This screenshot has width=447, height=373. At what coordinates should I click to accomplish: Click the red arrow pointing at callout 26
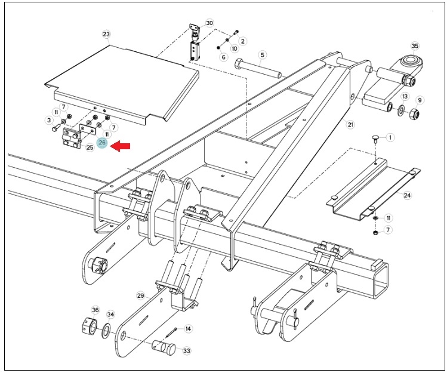[x=120, y=147]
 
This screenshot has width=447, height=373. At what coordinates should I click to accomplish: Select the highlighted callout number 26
[x=102, y=143]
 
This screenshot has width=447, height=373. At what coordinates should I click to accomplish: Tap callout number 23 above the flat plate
[x=106, y=34]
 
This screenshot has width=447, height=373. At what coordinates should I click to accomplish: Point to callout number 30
[x=209, y=23]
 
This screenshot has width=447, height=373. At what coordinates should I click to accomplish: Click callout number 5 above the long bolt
[x=262, y=55]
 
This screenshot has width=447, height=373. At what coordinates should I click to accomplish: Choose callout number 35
[x=415, y=46]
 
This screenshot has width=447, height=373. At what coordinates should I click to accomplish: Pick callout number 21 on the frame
[x=350, y=124]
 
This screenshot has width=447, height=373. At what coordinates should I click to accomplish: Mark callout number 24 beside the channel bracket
[x=408, y=195]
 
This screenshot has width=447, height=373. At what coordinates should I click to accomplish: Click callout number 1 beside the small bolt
[x=390, y=137]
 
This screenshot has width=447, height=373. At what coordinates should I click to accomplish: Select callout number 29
[x=140, y=296]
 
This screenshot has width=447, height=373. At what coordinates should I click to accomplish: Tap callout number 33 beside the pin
[x=187, y=350]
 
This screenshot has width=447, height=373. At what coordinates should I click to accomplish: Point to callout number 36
[x=95, y=310]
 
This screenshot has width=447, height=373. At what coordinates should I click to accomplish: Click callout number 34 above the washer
[x=110, y=315]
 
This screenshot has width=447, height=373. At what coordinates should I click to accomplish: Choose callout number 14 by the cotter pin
[x=188, y=329]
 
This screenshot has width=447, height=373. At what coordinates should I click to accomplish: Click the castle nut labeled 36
[x=90, y=326]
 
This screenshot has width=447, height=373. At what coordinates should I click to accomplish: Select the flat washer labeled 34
[x=107, y=331]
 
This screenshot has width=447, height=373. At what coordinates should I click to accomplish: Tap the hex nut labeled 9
[x=414, y=114]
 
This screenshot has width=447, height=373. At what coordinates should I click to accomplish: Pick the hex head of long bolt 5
[x=239, y=64]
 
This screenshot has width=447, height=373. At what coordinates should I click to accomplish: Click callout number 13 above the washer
[x=405, y=97]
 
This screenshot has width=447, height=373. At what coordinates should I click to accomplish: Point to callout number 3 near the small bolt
[x=49, y=120]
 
